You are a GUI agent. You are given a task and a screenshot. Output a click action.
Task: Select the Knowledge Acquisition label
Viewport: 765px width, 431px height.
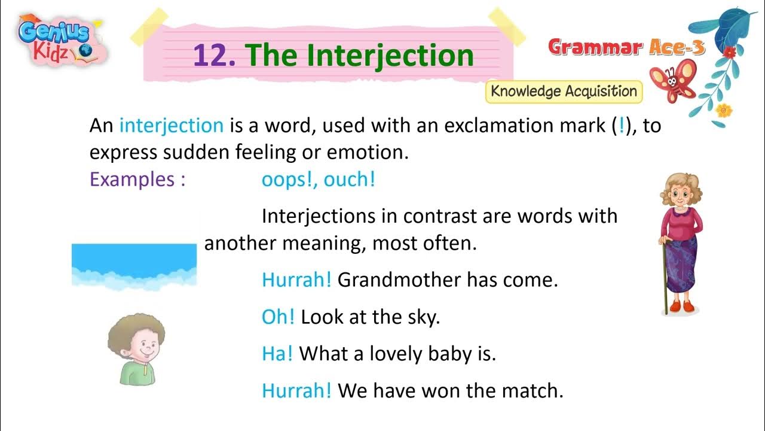pos(564,92)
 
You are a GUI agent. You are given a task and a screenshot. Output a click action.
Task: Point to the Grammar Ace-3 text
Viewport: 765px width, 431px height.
pos(626,47)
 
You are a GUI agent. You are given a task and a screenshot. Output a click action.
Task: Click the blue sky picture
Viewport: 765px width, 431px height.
pos(134,263)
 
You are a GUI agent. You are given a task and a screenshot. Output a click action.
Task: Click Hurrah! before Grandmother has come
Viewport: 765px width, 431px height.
pos(296,280)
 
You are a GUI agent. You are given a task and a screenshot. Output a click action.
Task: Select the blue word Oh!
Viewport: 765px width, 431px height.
pos(279,317)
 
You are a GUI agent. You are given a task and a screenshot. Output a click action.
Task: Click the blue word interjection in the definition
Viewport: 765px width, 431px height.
pos(172,126)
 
